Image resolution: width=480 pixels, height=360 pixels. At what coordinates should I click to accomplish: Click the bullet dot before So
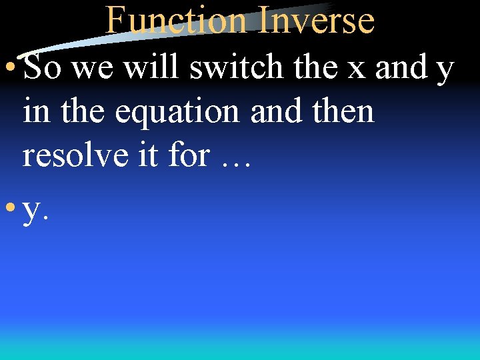click(11, 69)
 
